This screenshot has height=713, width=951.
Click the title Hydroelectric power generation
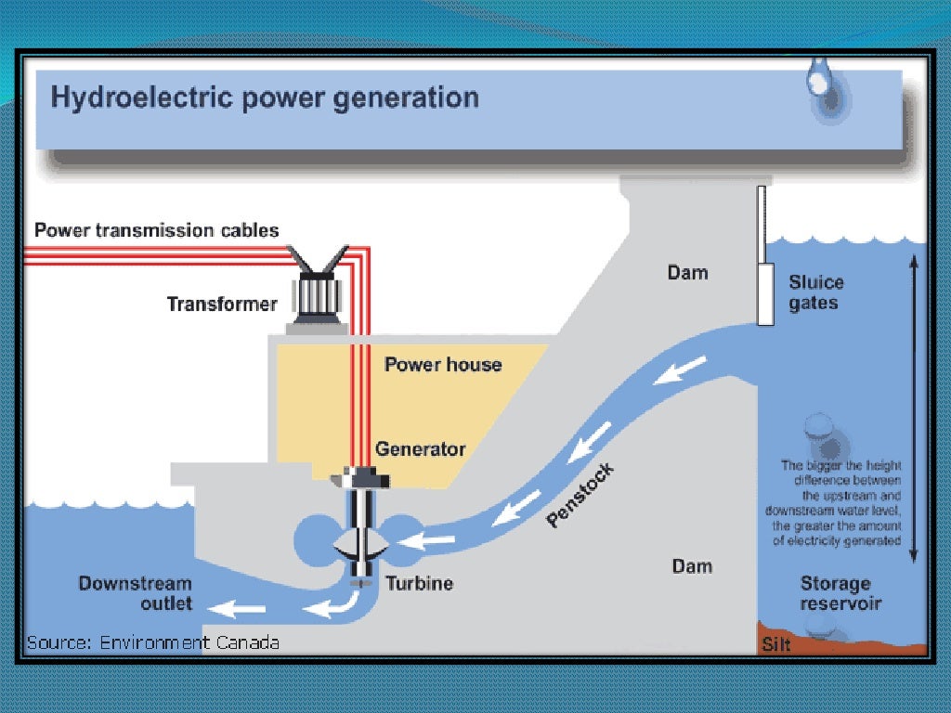click(x=265, y=97)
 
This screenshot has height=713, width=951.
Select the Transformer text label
click(x=222, y=304)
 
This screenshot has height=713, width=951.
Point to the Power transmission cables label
click(x=157, y=230)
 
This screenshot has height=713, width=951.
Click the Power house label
click(x=443, y=365)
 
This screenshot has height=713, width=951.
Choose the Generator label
click(x=420, y=449)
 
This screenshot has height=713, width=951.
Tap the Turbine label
click(x=420, y=584)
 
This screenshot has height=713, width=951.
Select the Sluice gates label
click(x=816, y=292)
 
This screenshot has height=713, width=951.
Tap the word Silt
click(x=776, y=643)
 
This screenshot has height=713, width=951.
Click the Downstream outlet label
click(x=136, y=593)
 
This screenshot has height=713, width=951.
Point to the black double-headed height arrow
click(x=914, y=408)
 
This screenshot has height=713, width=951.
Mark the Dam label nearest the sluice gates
click(x=687, y=272)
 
